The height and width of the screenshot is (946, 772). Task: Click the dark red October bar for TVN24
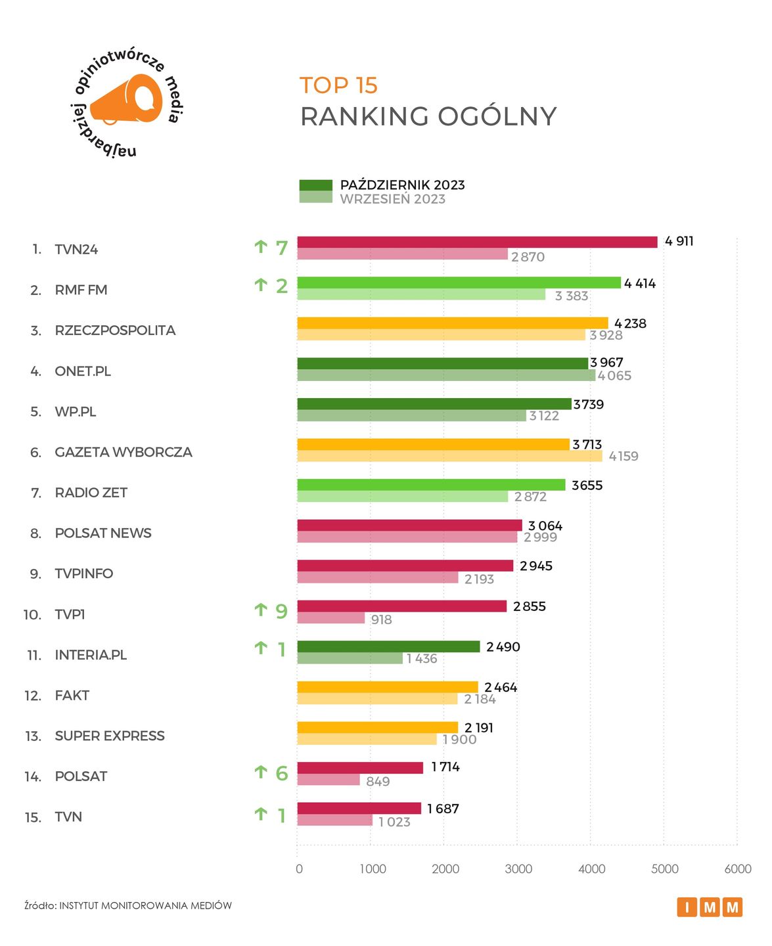point(477,242)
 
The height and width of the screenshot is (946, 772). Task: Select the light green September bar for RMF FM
point(421,295)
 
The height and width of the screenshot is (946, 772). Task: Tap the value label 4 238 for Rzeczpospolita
point(630,323)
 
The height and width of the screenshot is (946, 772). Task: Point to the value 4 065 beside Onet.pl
point(614,376)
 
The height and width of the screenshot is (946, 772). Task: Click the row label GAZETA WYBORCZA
point(124,452)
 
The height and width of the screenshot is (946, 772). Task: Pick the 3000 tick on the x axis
point(518,868)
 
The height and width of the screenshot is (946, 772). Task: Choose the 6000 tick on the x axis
point(737,868)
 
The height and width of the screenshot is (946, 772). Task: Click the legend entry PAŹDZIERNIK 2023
point(402,185)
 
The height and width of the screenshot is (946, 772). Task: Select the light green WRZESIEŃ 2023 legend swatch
point(315,197)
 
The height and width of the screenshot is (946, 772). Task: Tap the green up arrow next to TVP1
point(261,610)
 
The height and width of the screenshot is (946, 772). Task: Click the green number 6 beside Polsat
point(282,773)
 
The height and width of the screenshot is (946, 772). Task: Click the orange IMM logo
point(710,907)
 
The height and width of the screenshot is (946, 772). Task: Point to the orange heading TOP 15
point(338,85)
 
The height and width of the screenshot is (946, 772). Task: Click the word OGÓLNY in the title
point(497,116)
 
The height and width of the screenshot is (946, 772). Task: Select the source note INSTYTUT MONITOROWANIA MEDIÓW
point(145,905)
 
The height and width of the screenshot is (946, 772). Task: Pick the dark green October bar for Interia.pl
point(388,646)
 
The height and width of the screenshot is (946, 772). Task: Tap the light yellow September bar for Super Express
point(367,739)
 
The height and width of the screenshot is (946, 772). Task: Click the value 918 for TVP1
point(381,619)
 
